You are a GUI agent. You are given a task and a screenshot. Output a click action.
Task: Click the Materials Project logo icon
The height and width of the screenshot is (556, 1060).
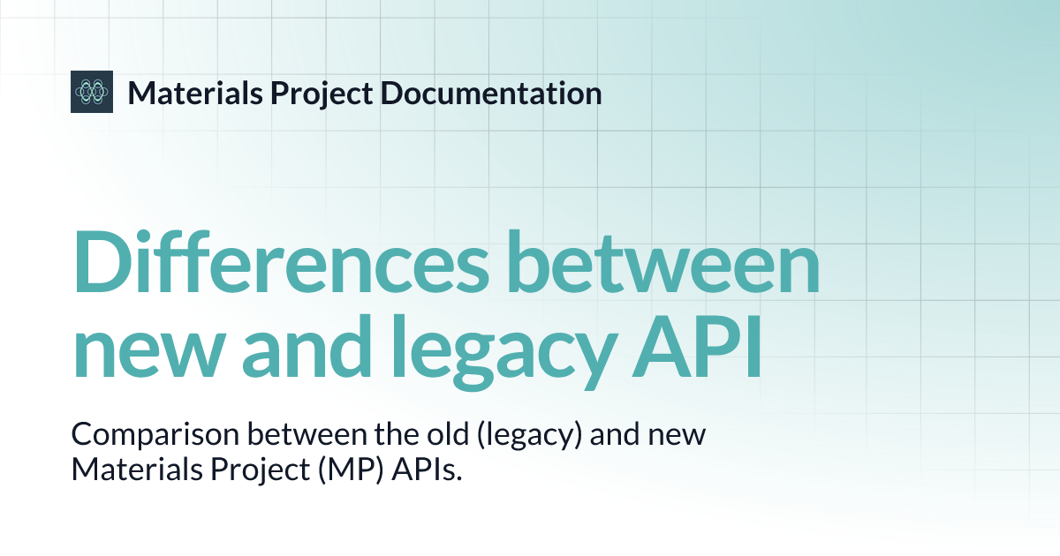92,92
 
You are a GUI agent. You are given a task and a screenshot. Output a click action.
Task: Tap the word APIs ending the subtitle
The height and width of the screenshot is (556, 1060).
413,470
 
